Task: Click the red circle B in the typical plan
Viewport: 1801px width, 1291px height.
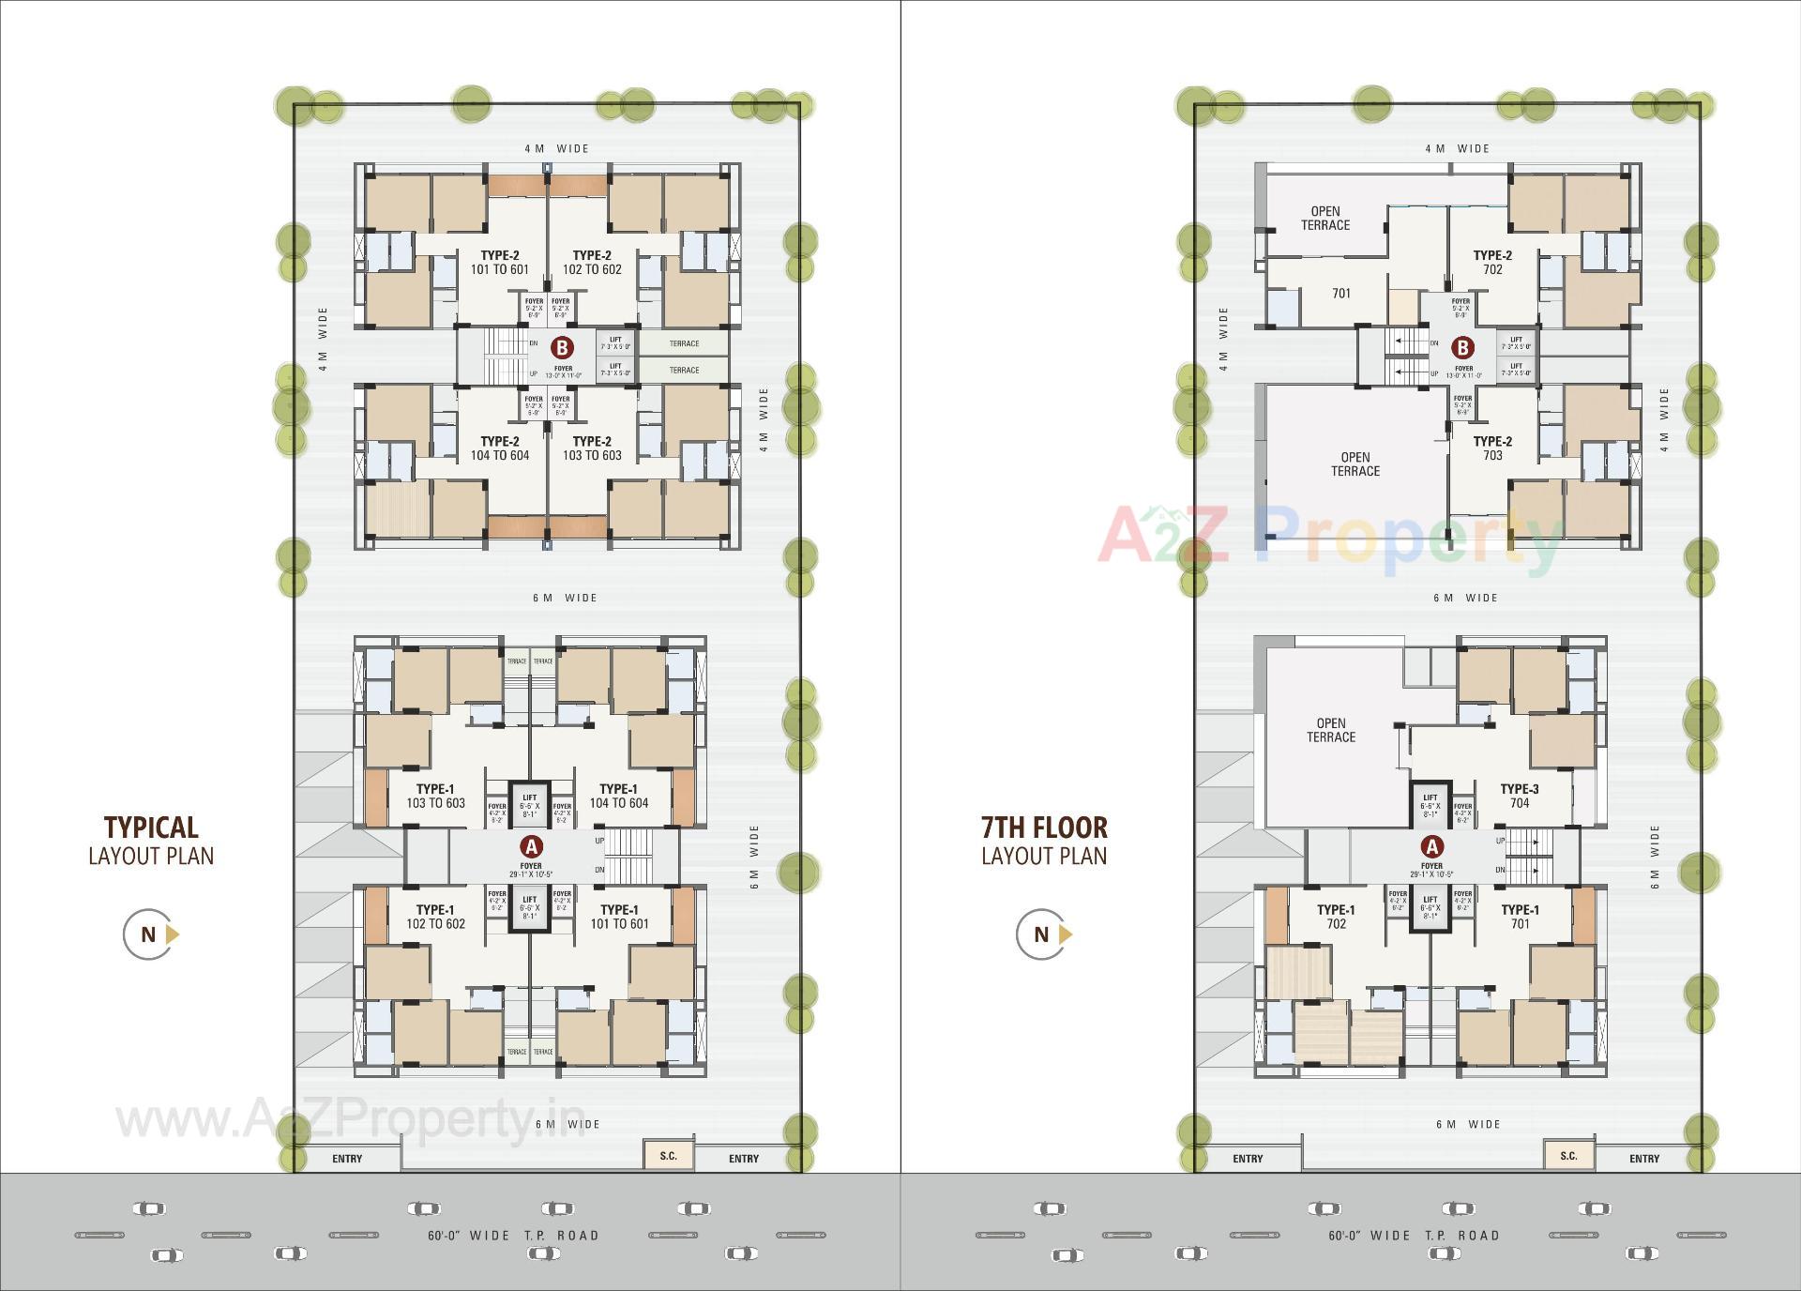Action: (562, 348)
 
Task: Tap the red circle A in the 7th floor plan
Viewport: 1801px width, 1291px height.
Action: (1431, 847)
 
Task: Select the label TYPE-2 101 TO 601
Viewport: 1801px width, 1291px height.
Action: (499, 263)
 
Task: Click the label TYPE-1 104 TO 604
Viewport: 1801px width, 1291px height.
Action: (618, 796)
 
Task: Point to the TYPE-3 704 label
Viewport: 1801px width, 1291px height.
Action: (1519, 796)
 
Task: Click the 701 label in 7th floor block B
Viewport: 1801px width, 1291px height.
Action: (1341, 294)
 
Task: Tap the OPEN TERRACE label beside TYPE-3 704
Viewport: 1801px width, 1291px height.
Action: (1330, 730)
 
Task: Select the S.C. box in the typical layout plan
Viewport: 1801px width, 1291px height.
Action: (668, 1155)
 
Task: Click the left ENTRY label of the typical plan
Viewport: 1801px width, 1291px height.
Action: (347, 1159)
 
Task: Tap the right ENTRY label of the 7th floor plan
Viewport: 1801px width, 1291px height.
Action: (1643, 1159)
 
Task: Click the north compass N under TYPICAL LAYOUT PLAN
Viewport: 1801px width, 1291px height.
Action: (149, 934)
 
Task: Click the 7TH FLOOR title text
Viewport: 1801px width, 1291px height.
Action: (1044, 828)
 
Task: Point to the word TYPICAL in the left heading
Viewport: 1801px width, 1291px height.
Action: (151, 828)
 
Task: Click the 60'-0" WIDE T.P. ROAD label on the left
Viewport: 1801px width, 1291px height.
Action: (513, 1235)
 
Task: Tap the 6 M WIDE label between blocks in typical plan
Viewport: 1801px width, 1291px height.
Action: (565, 598)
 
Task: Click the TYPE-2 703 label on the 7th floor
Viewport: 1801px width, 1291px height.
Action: (1492, 448)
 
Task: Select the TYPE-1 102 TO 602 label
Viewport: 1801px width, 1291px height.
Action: (435, 917)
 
